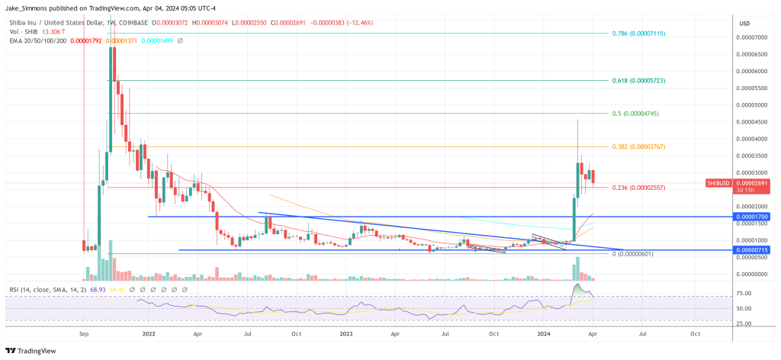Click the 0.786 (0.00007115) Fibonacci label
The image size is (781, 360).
pyautogui.click(x=638, y=34)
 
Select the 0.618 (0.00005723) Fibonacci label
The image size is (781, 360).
pyautogui.click(x=638, y=80)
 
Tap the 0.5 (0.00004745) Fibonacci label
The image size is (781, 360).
pyautogui.click(x=635, y=113)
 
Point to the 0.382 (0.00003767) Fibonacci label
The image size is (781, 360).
pyautogui.click(x=638, y=146)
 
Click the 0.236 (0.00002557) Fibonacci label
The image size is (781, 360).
pyautogui.click(x=638, y=188)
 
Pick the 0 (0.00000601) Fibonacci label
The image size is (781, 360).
pyautogui.click(x=633, y=254)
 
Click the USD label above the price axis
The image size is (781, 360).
pyautogui.click(x=745, y=24)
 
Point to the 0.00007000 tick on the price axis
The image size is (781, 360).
pyautogui.click(x=752, y=37)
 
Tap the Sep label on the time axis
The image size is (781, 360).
pyautogui.click(x=85, y=334)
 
